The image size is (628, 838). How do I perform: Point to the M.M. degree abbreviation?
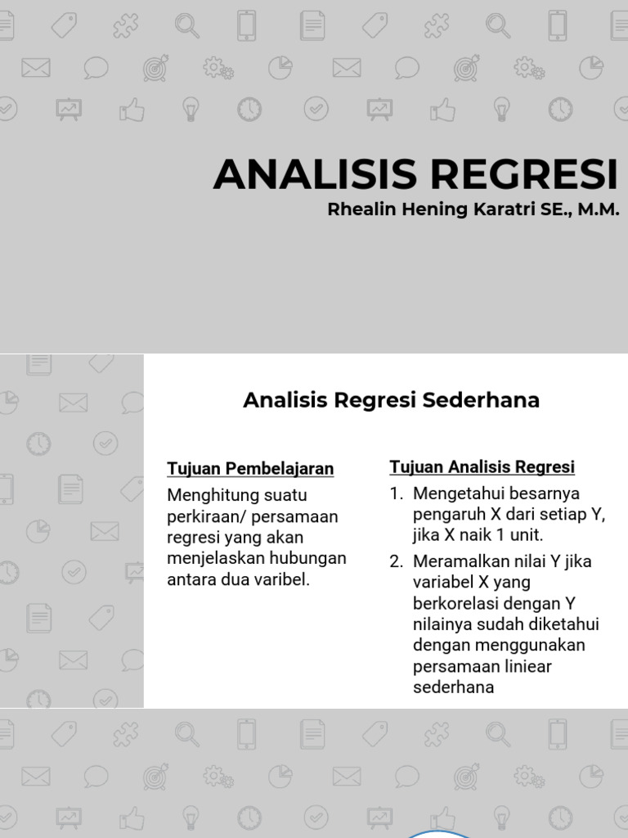pos(599,209)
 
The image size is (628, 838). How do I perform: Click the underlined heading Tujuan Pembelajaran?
pos(250,468)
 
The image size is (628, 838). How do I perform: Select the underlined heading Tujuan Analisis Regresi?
pos(482,467)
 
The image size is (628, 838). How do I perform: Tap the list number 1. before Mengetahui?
pos(397,493)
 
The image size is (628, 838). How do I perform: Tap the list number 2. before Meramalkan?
pos(397,562)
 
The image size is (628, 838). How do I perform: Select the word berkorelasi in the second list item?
pos(454,604)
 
